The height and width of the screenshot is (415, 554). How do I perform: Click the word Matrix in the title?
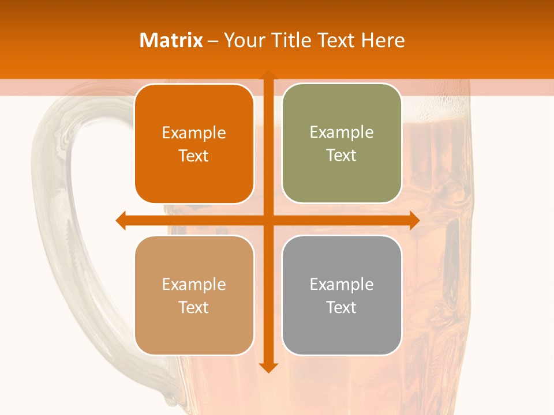click(x=171, y=40)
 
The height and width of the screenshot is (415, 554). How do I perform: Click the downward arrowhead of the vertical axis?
click(x=268, y=367)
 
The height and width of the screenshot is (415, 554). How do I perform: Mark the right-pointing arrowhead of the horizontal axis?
click(x=414, y=220)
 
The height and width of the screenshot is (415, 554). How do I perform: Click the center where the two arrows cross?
click(x=268, y=220)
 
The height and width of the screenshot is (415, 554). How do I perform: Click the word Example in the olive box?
click(x=342, y=132)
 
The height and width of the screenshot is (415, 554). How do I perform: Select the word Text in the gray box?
click(x=342, y=307)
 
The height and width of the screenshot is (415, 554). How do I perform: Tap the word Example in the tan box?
click(x=194, y=284)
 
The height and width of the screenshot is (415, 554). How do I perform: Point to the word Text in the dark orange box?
click(x=194, y=156)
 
